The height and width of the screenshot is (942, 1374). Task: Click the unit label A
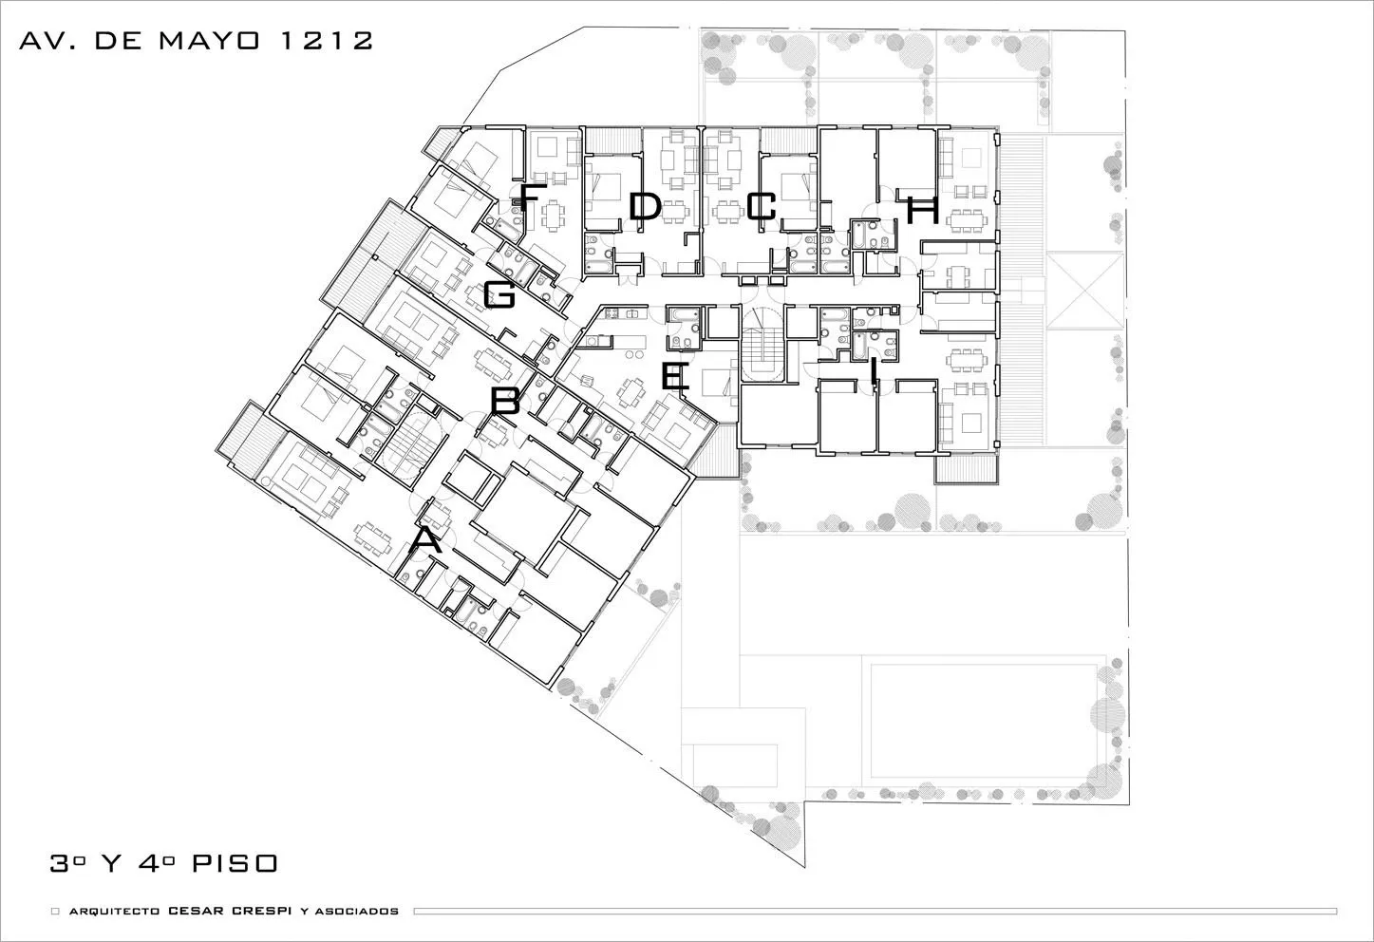pos(426,539)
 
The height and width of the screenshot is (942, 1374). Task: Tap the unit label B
pos(505,402)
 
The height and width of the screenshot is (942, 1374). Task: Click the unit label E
pos(675,377)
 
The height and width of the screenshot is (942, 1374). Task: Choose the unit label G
pos(499,294)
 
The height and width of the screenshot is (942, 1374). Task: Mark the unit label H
pos(923,210)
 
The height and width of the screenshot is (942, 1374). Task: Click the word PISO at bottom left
pos(235,863)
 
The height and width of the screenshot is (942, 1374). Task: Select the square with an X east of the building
pos(1085,292)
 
